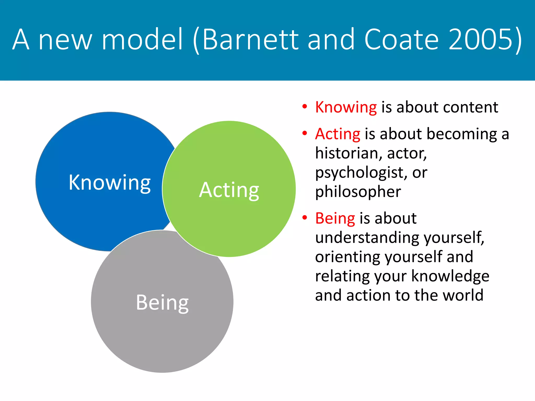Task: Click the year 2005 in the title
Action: click(482, 40)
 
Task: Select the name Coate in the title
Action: click(401, 40)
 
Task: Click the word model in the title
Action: click(142, 40)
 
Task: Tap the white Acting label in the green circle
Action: click(229, 190)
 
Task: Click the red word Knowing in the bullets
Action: click(346, 107)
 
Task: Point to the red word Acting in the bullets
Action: click(338, 134)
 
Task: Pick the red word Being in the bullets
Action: click(335, 219)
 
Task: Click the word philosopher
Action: click(358, 192)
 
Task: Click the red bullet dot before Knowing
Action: click(304, 107)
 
